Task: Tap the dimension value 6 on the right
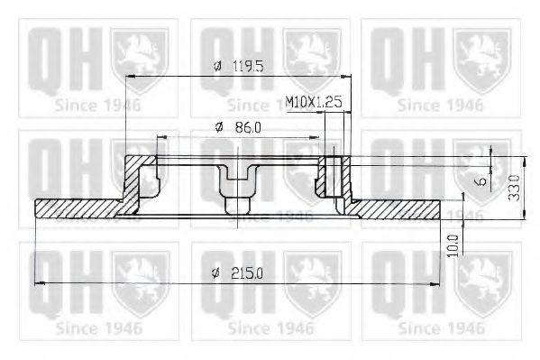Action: click(483, 180)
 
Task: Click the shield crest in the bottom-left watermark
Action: click(141, 277)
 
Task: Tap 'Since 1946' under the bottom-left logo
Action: click(98, 325)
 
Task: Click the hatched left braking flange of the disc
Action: click(77, 209)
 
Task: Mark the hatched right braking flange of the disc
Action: click(397, 209)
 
